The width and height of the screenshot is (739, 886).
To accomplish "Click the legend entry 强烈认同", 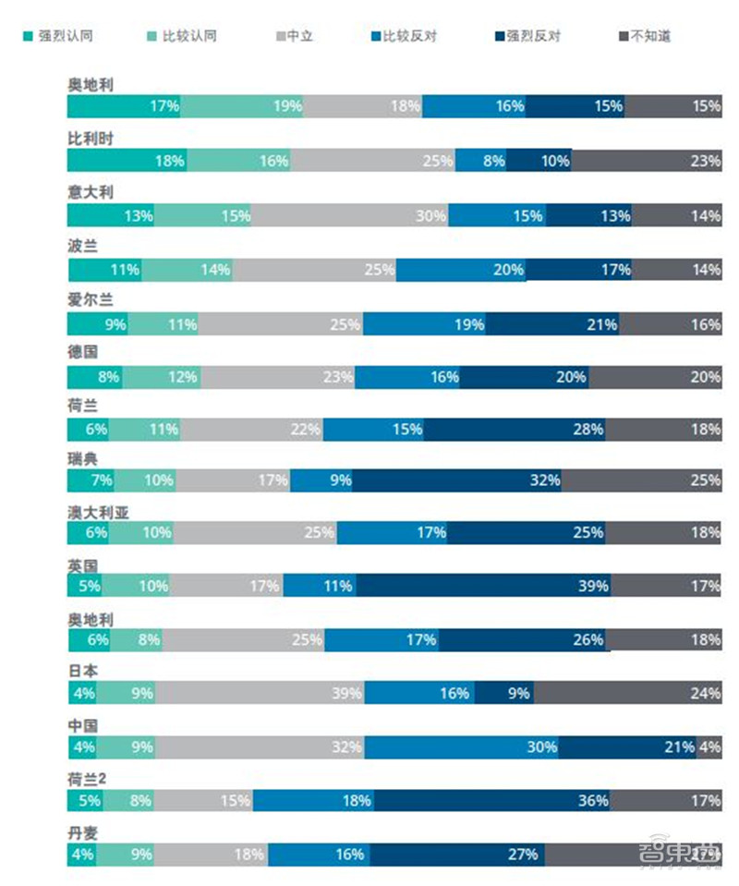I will tap(57, 37).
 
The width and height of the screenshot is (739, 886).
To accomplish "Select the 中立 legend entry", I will tap(293, 37).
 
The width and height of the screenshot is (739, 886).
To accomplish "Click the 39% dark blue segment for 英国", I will tap(483, 586).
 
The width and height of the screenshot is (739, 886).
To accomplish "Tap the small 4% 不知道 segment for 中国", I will tap(709, 746).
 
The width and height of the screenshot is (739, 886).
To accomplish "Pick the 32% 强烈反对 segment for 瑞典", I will tap(456, 480).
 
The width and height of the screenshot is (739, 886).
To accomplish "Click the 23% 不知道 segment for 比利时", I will tap(647, 161).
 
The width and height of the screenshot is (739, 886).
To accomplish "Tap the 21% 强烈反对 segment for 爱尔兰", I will tap(554, 324).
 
